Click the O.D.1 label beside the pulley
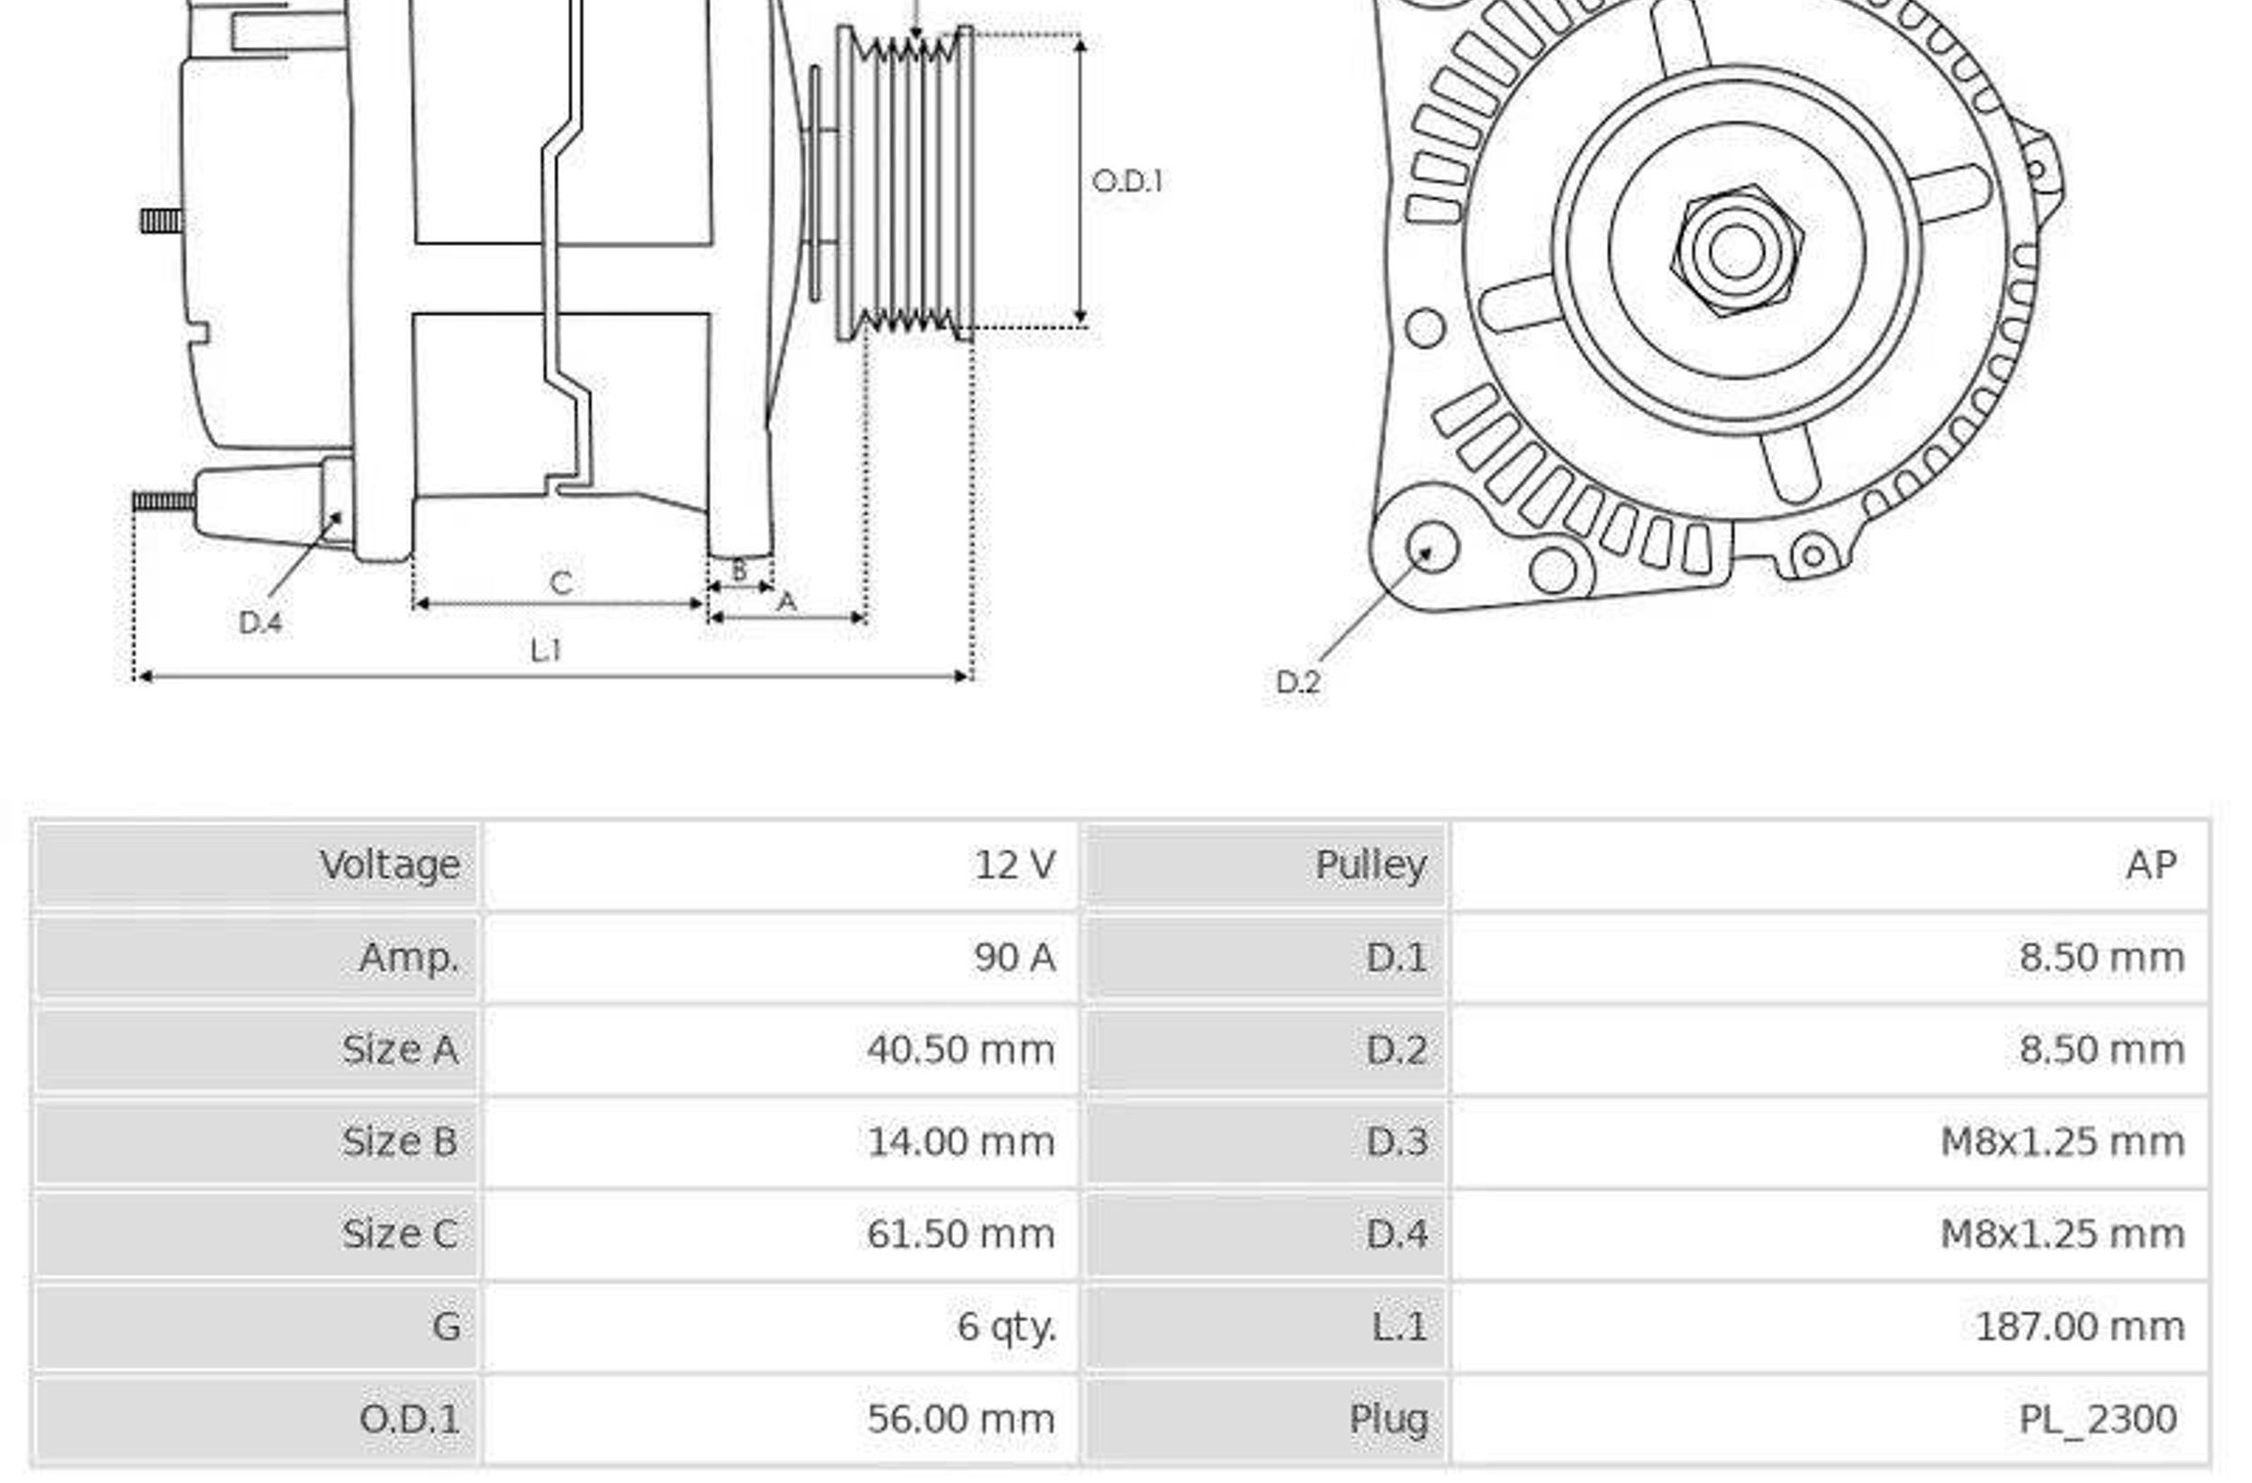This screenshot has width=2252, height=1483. click(1127, 181)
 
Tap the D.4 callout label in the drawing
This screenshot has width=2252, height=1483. click(260, 623)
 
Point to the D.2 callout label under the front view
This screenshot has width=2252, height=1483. click(1297, 681)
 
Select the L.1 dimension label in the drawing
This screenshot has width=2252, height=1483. click(546, 651)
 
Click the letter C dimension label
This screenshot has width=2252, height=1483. click(561, 582)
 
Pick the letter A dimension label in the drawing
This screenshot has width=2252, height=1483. click(786, 602)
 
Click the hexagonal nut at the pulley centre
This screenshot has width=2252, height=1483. click(1738, 250)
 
